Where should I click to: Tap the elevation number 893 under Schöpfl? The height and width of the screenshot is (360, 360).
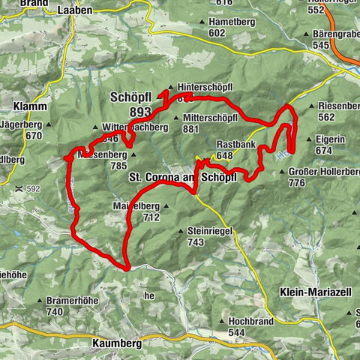(140, 112)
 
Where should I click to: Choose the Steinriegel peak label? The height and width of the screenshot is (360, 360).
(210, 232)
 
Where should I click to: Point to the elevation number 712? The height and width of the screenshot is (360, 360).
(151, 217)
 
